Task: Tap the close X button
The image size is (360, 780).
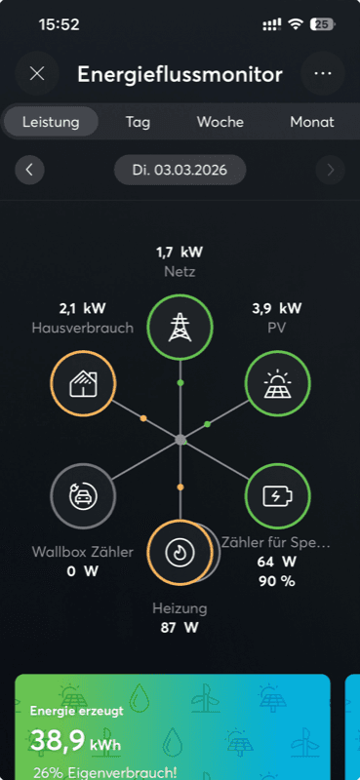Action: pyautogui.click(x=37, y=73)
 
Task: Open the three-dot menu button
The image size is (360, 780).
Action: pyautogui.click(x=323, y=73)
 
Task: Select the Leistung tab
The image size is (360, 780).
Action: pyautogui.click(x=51, y=123)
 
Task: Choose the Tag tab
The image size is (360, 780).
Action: pyautogui.click(x=138, y=123)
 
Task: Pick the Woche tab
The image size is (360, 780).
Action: pyautogui.click(x=220, y=123)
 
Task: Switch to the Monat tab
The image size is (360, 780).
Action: pyautogui.click(x=312, y=123)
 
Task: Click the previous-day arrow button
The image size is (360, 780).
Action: pyautogui.click(x=29, y=170)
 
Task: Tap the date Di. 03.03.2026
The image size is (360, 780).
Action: pyautogui.click(x=180, y=170)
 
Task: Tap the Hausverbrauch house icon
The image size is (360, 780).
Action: pyautogui.click(x=83, y=383)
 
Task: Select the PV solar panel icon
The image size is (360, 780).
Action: pyautogui.click(x=277, y=383)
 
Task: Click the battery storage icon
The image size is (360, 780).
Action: pyautogui.click(x=277, y=496)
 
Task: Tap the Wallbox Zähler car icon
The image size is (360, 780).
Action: pyautogui.click(x=82, y=496)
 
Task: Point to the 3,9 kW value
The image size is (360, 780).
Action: pyautogui.click(x=277, y=308)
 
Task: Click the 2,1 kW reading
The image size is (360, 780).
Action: pyautogui.click(x=82, y=308)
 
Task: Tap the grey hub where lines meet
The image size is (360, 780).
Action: pyautogui.click(x=180, y=440)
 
